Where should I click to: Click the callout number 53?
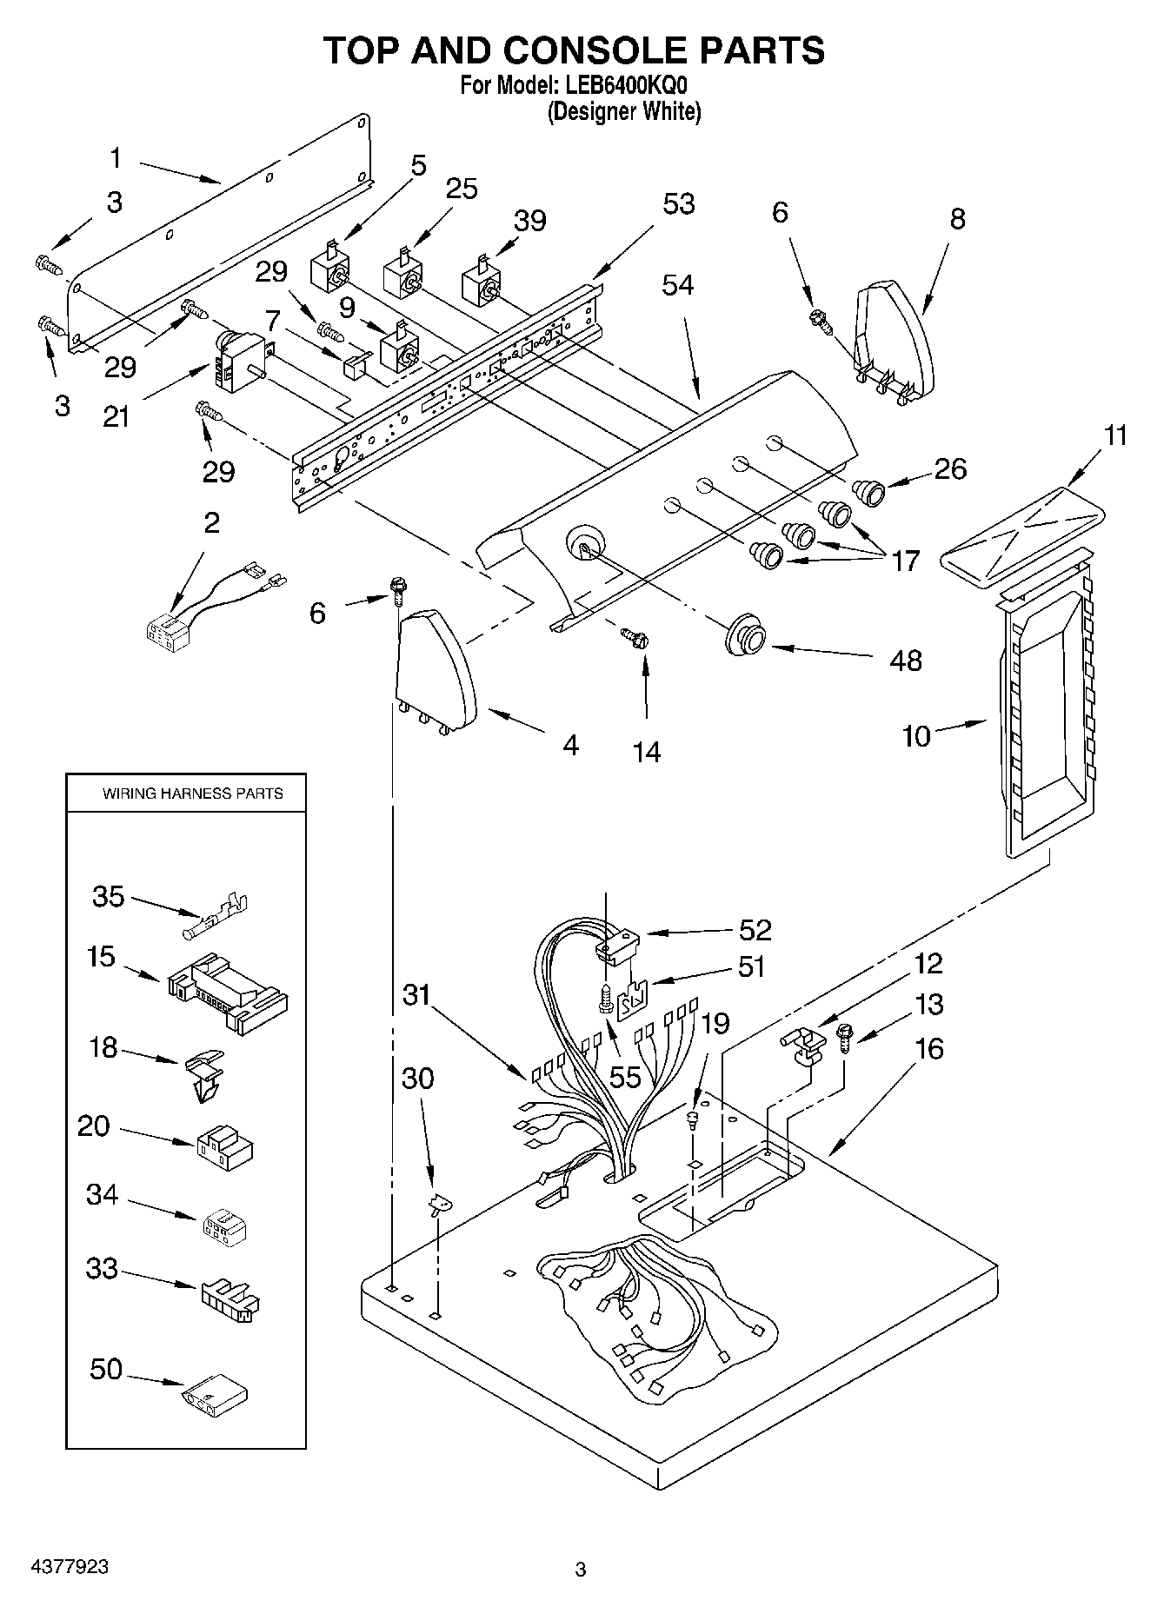pos(679,203)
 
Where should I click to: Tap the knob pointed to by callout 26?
pos(868,492)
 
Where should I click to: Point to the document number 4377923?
pos(70,1565)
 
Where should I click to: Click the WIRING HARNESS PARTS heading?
pos(192,793)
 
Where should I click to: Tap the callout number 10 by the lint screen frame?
pos(916,736)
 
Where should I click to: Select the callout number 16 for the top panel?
pos(928,1048)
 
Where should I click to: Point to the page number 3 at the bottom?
pos(581,1569)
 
